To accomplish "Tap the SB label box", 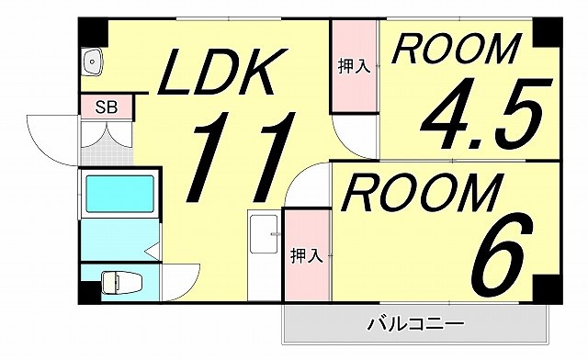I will [x=106, y=107].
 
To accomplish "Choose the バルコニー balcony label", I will [x=414, y=323].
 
